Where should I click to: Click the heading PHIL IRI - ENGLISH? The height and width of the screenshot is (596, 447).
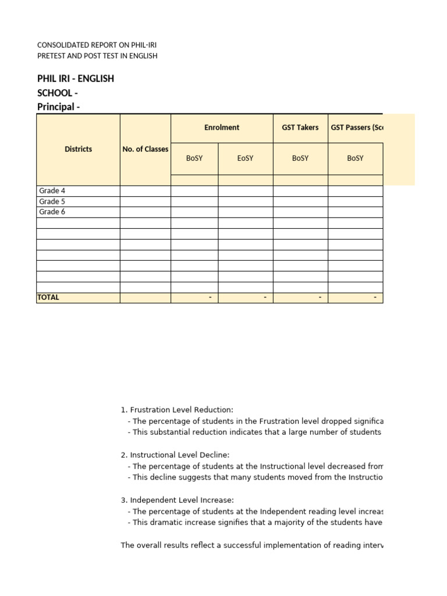click(76, 79)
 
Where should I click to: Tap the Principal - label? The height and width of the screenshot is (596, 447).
click(58, 107)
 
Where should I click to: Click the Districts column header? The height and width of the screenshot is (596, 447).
click(78, 149)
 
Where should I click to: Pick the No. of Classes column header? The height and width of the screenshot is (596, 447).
click(145, 149)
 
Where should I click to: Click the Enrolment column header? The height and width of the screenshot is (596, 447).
click(222, 127)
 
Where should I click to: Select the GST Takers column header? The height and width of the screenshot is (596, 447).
click(300, 127)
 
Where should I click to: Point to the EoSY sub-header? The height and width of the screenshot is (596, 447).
click(246, 158)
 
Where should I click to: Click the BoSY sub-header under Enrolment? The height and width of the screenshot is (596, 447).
click(194, 158)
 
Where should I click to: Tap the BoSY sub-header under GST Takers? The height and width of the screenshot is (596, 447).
click(300, 158)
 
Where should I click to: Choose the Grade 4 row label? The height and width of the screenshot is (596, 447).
click(52, 191)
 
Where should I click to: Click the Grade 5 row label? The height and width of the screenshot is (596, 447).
click(52, 201)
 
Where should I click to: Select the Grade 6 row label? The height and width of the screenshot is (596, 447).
click(52, 212)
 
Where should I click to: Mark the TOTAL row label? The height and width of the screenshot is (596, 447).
click(48, 297)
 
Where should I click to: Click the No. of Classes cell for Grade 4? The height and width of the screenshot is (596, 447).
click(145, 191)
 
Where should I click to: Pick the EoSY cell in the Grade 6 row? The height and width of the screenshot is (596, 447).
click(246, 212)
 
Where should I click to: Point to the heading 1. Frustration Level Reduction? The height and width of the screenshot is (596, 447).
click(177, 410)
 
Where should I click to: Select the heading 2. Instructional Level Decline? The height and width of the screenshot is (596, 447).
click(175, 455)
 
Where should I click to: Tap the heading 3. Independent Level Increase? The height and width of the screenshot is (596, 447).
click(177, 500)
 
